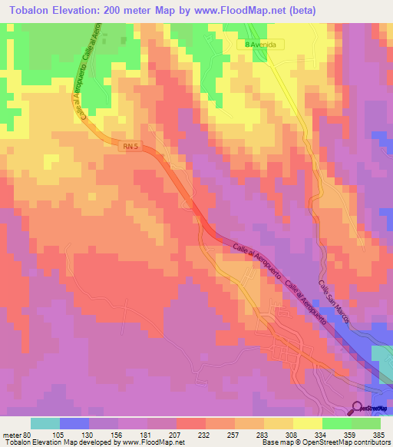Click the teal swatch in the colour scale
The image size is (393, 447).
pyautogui.click(x=45, y=423)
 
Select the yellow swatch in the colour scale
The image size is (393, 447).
pyautogui.click(x=308, y=423)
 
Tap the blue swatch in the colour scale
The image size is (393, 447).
pyautogui.click(x=74, y=423)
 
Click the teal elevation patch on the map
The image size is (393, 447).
pyautogui.click(x=381, y=361)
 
